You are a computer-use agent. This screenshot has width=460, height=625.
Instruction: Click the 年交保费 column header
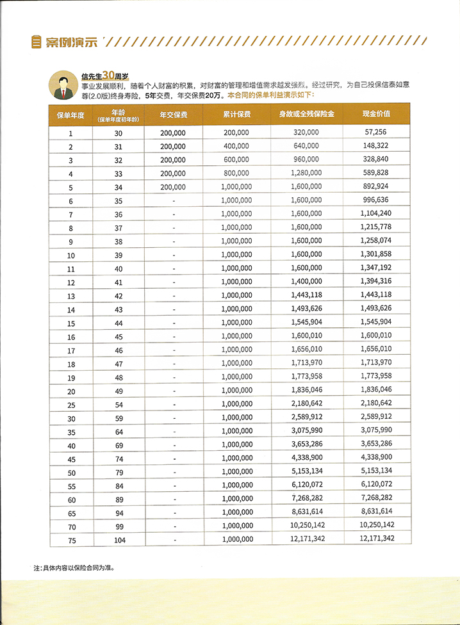(173, 115)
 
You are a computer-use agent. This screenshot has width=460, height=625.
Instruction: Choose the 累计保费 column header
(237, 115)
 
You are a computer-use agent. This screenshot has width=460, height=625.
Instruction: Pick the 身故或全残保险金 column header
(306, 115)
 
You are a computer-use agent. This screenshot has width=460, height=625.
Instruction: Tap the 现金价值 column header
(377, 115)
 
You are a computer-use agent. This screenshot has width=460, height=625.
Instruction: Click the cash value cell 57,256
(377, 133)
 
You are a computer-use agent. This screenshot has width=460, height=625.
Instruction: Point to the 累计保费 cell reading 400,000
(237, 147)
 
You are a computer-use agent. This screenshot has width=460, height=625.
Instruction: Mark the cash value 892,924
(377, 187)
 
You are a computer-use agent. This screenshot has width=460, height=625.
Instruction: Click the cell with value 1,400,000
(306, 282)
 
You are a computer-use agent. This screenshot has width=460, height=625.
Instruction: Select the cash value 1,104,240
(377, 214)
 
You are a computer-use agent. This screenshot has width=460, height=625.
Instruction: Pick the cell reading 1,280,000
(306, 174)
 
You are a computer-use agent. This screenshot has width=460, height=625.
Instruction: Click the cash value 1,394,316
(377, 282)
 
